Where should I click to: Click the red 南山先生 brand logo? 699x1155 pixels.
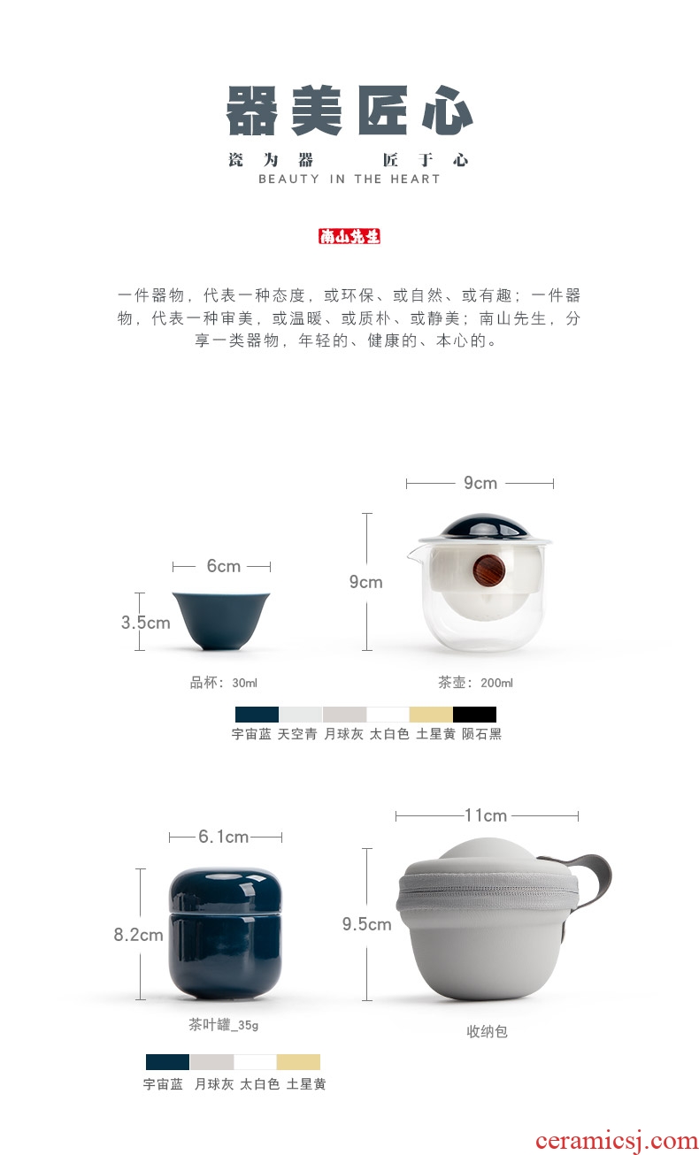pyautogui.click(x=349, y=236)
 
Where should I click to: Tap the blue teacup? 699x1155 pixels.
pyautogui.click(x=221, y=620)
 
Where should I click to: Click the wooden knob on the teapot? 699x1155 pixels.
pyautogui.click(x=488, y=570)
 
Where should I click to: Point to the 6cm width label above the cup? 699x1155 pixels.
pyautogui.click(x=223, y=566)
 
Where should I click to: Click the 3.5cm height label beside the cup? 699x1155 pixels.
pyautogui.click(x=145, y=623)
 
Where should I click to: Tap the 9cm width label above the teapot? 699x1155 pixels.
pyautogui.click(x=480, y=483)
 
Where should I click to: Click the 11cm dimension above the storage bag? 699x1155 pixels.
pyautogui.click(x=486, y=815)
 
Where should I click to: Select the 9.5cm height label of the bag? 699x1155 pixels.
pyautogui.click(x=367, y=924)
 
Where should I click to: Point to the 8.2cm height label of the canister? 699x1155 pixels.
pyautogui.click(x=138, y=935)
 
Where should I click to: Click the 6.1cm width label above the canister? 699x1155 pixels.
pyautogui.click(x=223, y=837)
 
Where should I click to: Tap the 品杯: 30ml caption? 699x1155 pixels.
pyautogui.click(x=223, y=683)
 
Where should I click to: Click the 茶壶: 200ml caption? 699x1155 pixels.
pyautogui.click(x=475, y=683)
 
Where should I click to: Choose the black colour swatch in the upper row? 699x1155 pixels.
pyautogui.click(x=474, y=715)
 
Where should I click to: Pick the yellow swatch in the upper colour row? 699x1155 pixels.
pyautogui.click(x=431, y=715)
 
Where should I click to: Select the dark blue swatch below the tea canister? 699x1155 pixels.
pyautogui.click(x=167, y=1061)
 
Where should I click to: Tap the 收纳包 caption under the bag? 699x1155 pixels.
pyautogui.click(x=487, y=1031)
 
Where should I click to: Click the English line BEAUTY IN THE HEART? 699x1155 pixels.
pyautogui.click(x=349, y=179)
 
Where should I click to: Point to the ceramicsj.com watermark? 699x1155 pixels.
pyautogui.click(x=617, y=1140)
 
